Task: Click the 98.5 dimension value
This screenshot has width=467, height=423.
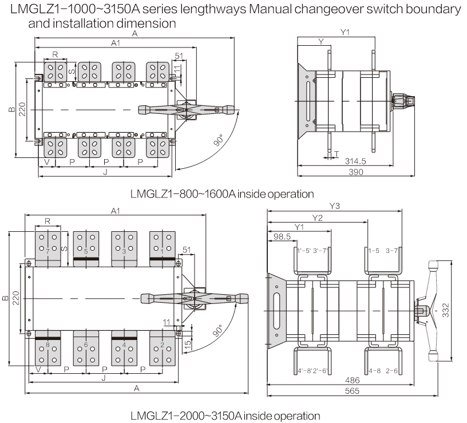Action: point(282,236)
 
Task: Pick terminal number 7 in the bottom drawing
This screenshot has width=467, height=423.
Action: point(47,251)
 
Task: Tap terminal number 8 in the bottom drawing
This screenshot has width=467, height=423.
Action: point(47,345)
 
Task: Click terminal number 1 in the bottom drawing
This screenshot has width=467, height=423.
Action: point(162,251)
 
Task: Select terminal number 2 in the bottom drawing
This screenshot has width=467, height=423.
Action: point(162,345)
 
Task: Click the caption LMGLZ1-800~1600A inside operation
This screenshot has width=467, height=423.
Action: point(222,194)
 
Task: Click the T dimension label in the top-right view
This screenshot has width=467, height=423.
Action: point(337,154)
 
